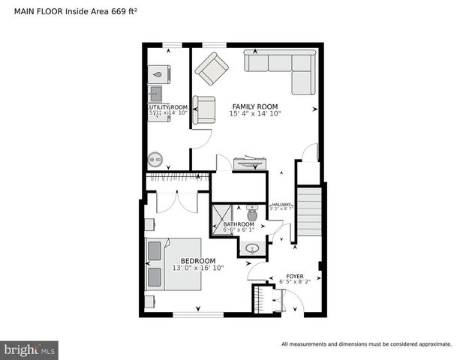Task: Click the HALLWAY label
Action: pyautogui.click(x=281, y=205)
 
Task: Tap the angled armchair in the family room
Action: pyautogui.click(x=212, y=68)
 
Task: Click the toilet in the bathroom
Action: pyautogui.click(x=251, y=214)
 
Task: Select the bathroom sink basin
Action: pyautogui.click(x=252, y=247)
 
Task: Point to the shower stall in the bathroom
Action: pyautogui.click(x=221, y=220)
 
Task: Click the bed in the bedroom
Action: pyautogui.click(x=173, y=265)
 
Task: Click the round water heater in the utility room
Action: pyautogui.click(x=156, y=159)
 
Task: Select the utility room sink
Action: pyautogui.click(x=157, y=94)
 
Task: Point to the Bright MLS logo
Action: pyautogui.click(x=30, y=349)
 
